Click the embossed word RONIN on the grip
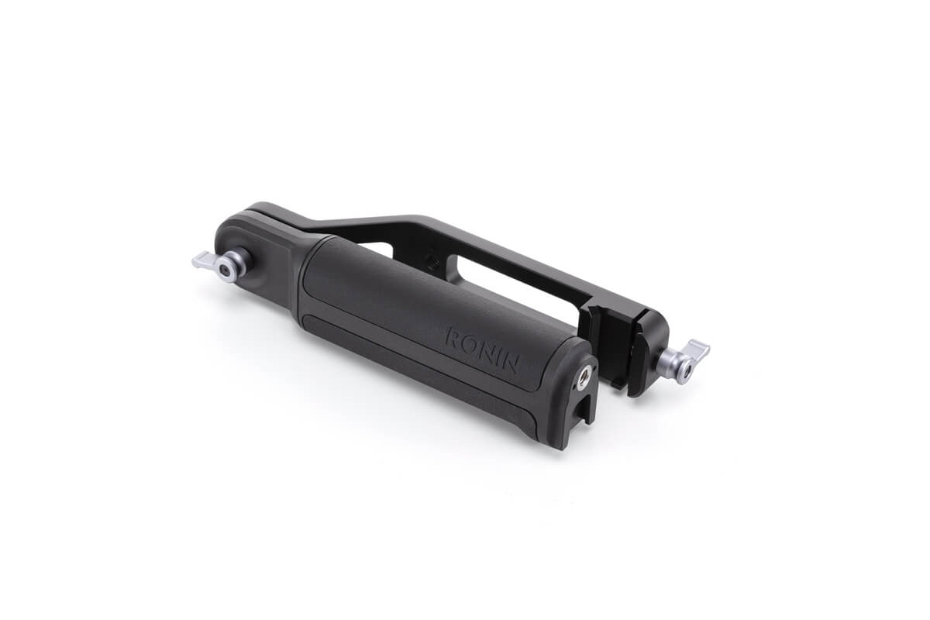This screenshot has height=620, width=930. coord(482,350)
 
